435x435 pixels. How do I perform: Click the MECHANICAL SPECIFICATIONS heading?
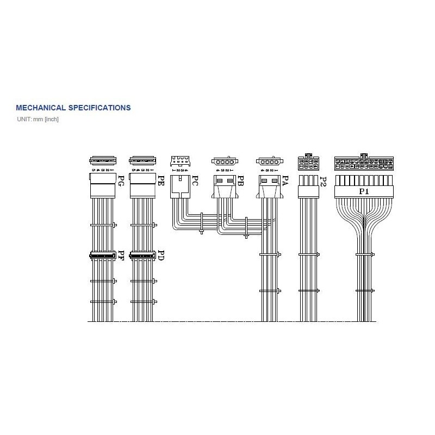coord(73,108)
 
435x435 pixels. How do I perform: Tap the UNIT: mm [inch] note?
coord(38,119)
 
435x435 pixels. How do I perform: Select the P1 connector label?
coord(363,191)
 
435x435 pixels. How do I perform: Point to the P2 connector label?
coord(323,182)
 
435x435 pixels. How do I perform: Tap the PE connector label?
coord(160,181)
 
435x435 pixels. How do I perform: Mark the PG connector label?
coord(121,181)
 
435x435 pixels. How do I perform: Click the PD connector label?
coord(160,256)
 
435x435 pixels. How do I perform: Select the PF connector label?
coord(121,256)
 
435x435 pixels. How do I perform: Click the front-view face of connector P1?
coord(364,162)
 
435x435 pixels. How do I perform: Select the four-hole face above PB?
coord(224,161)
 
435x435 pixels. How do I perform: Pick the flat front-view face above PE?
coord(142,161)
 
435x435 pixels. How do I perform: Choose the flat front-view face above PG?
coord(102,161)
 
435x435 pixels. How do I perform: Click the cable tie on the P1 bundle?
coord(364,254)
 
